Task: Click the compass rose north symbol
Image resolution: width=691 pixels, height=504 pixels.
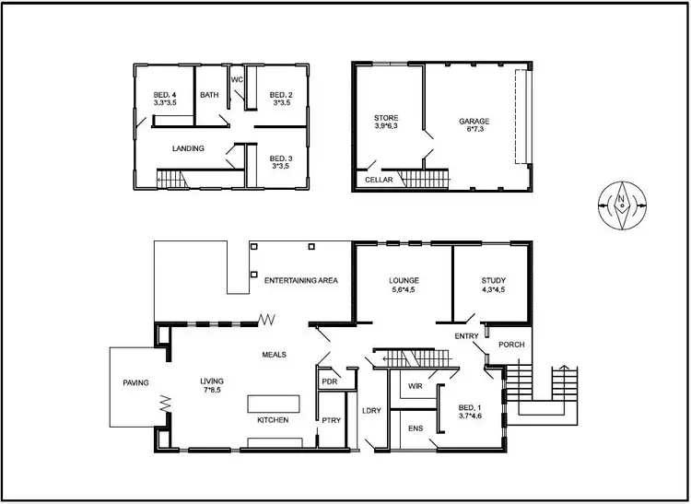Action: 622,205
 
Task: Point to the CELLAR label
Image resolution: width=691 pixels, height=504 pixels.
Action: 379,180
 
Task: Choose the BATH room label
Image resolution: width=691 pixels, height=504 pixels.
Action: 209,95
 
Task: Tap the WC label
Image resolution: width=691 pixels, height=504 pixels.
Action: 237,79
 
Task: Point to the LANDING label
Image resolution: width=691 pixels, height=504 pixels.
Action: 188,148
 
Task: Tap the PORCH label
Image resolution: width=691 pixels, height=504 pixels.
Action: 511,346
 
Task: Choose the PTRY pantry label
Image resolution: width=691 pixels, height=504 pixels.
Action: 330,421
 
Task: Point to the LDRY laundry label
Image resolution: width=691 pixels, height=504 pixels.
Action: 371,411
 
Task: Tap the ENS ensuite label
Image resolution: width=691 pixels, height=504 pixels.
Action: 415,428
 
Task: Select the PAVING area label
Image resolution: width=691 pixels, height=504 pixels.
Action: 136,383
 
